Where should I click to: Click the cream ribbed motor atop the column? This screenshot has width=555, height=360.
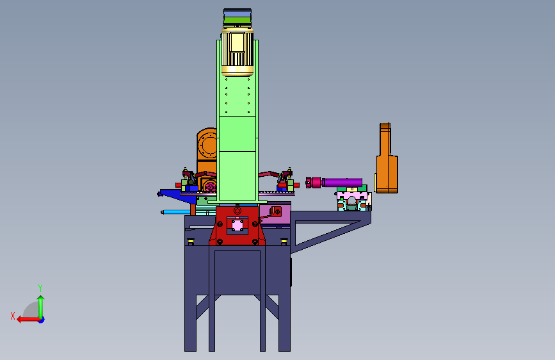point(237,53)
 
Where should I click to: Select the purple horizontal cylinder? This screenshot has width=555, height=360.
point(342,183)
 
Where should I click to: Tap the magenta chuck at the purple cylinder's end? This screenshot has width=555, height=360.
point(313,183)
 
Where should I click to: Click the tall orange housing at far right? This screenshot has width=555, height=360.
point(386,158)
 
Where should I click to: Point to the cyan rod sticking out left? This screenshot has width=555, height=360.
point(176,212)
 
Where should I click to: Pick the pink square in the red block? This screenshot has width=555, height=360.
point(237,225)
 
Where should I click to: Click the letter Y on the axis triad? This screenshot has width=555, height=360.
point(40,288)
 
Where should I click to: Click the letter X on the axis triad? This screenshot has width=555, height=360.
point(13,316)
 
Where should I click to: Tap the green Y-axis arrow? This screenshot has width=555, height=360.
point(41,307)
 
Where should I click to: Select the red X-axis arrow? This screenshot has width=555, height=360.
point(28,320)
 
